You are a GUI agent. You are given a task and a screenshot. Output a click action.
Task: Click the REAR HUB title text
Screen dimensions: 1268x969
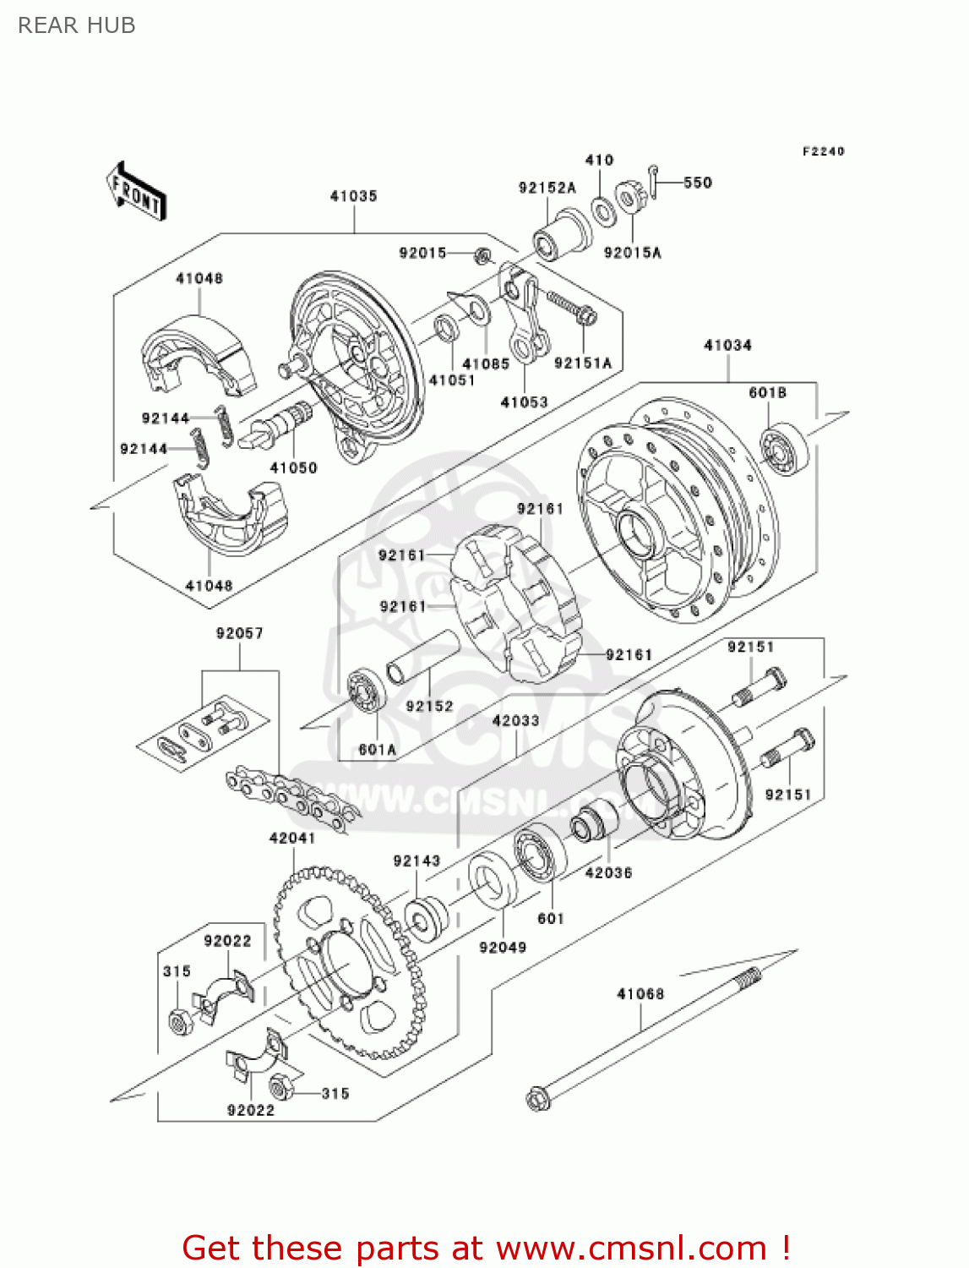[76, 25]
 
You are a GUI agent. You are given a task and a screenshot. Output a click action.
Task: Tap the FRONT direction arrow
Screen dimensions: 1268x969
[135, 192]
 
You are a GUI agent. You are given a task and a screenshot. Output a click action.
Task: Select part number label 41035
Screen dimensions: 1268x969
[353, 196]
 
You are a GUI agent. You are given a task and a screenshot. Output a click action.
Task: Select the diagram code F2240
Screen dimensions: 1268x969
[823, 151]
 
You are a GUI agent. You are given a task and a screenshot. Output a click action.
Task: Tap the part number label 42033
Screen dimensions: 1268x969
[515, 720]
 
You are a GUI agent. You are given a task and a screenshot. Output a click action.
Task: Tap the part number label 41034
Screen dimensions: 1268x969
[727, 345]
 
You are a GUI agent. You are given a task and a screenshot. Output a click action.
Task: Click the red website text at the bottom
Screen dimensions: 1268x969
[486, 1248]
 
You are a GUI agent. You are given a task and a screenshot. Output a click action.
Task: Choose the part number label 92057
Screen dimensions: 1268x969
[239, 633]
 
